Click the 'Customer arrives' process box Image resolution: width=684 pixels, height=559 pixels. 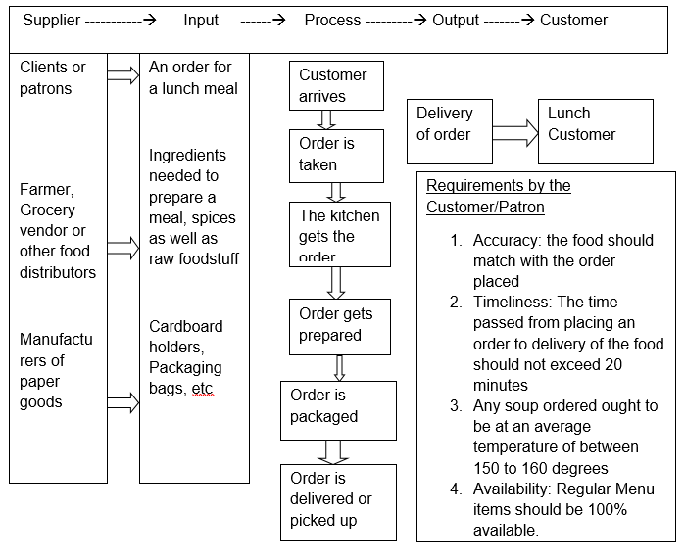coord(335,85)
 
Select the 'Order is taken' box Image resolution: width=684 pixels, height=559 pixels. coord(335,154)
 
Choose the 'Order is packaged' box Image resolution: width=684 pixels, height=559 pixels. coord(337,406)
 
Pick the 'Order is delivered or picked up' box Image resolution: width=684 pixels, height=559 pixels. coord(337,500)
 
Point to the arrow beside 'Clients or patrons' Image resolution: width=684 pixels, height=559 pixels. coord(123,76)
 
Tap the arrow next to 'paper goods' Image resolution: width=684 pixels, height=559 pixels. coord(123,401)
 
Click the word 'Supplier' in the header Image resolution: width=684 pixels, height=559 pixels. coord(52,21)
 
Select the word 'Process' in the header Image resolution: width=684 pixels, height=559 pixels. coord(332,21)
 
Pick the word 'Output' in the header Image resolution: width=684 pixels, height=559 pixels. coord(456,21)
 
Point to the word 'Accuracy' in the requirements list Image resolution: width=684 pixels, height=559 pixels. coord(503,240)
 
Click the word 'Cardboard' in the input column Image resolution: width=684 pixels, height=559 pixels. coord(186,326)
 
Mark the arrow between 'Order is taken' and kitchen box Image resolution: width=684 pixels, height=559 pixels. coord(336,191)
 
